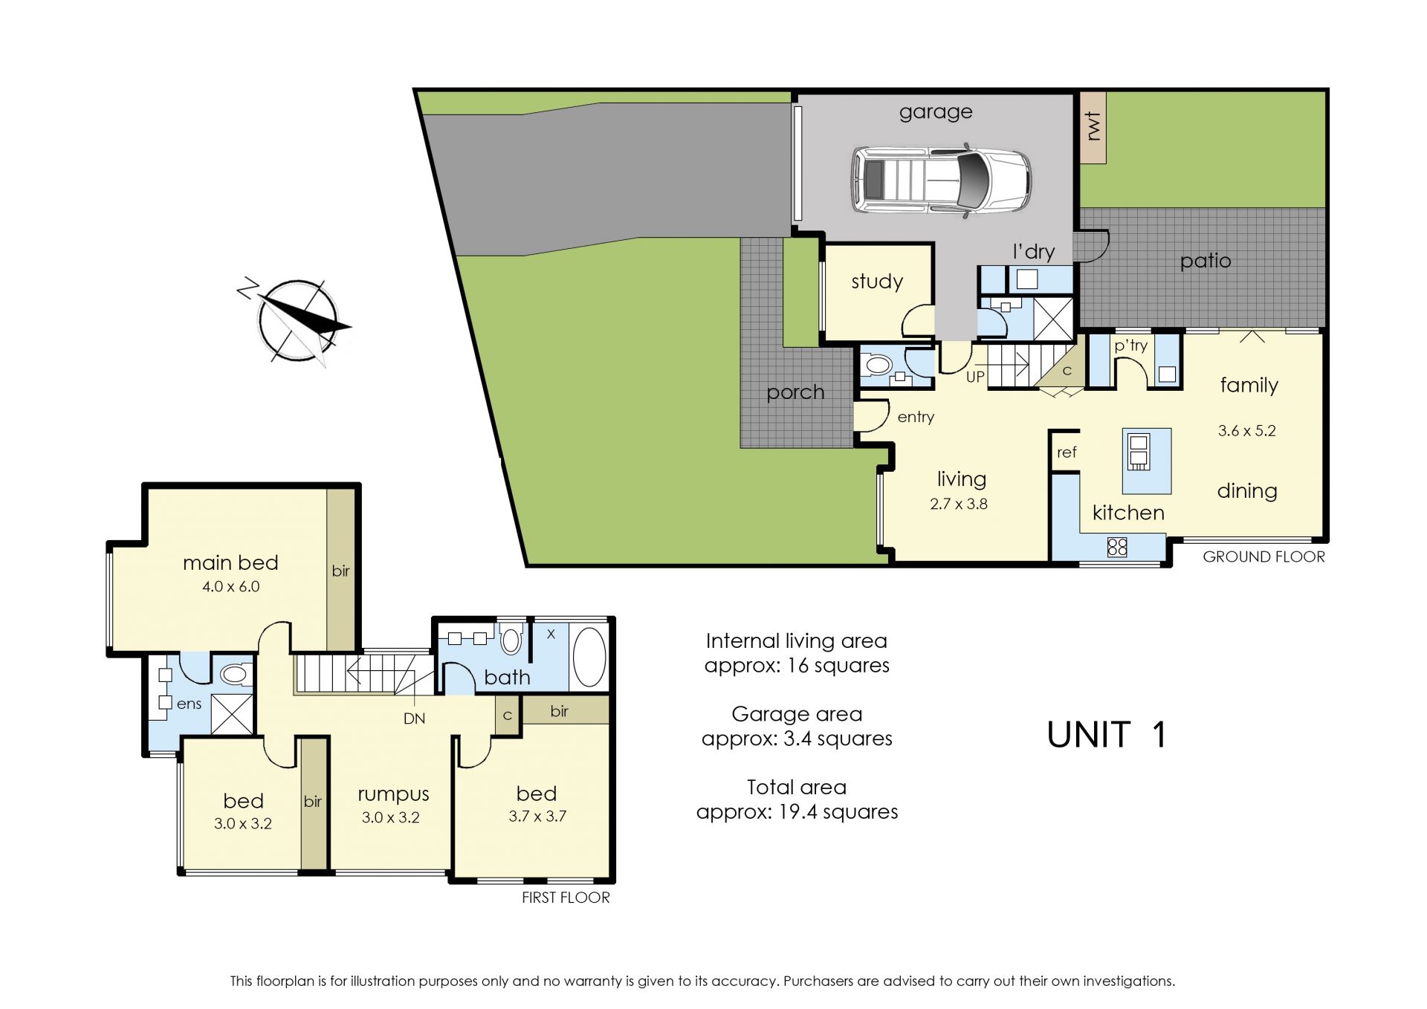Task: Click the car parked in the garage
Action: (x=941, y=181)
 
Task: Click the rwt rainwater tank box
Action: (x=1093, y=127)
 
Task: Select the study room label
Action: (x=877, y=282)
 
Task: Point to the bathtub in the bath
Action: (x=589, y=657)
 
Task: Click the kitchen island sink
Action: (x=1138, y=452)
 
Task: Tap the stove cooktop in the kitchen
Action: (x=1117, y=548)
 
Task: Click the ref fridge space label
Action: (x=1067, y=452)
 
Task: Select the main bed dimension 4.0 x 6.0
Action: (x=231, y=586)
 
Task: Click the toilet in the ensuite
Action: (x=234, y=674)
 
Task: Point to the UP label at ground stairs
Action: (x=975, y=377)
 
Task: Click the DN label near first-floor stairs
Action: (x=414, y=718)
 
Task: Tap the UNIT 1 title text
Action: (x=1107, y=735)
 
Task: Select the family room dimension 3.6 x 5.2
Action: (x=1246, y=430)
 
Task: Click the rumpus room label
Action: (x=393, y=794)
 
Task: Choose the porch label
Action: (x=795, y=392)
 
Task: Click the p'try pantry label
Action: (x=1130, y=345)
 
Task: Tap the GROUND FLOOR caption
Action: (x=1263, y=557)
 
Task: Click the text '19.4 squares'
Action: (x=838, y=811)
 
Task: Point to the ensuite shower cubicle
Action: (x=233, y=715)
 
